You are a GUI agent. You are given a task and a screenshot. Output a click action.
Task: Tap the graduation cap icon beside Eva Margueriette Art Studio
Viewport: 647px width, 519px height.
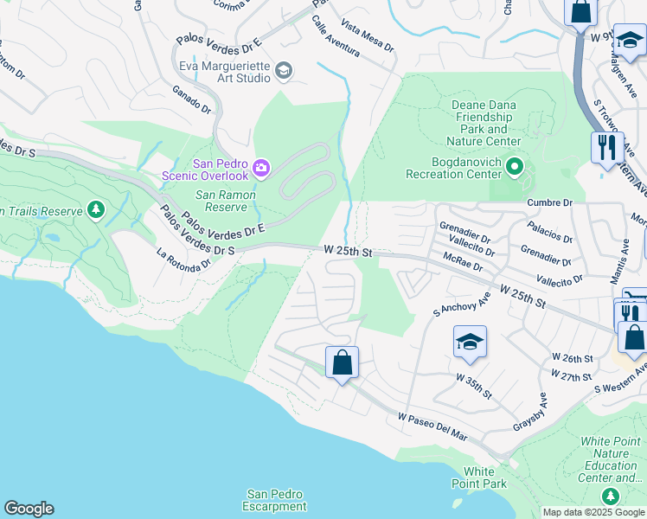tap(284, 70)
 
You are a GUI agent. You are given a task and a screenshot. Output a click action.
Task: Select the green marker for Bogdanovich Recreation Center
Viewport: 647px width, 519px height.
tap(515, 166)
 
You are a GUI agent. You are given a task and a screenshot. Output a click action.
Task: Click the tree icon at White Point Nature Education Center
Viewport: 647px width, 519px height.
tap(611, 496)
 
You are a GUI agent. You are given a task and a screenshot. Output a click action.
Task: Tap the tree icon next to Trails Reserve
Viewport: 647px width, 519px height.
tap(95, 210)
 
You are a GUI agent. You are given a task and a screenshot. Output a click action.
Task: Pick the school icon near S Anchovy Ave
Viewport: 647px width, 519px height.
tap(470, 343)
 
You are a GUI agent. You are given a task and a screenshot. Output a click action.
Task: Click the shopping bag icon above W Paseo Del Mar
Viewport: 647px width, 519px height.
tap(342, 362)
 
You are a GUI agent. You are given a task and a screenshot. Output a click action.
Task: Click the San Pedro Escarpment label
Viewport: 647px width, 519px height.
tap(274, 500)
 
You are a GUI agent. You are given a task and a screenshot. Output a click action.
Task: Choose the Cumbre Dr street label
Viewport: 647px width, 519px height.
tap(550, 202)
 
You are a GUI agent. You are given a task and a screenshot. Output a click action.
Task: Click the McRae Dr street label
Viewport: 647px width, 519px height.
tap(461, 258)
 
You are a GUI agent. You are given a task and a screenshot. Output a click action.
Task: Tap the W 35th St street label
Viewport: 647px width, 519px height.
tap(474, 386)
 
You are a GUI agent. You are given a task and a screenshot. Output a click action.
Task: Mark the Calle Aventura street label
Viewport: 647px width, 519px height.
tap(336, 36)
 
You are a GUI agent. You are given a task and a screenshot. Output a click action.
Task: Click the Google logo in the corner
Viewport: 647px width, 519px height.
tap(29, 509)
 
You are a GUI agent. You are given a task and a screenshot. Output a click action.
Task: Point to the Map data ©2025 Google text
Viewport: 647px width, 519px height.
tap(593, 512)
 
